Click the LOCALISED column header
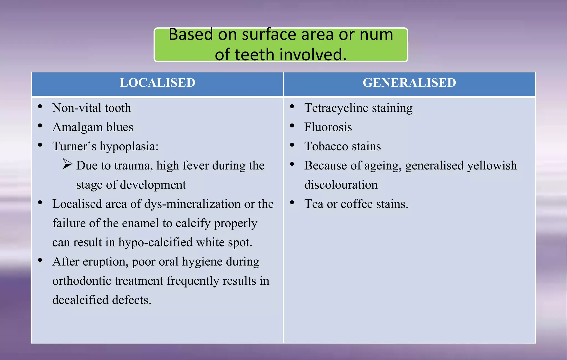click(x=157, y=83)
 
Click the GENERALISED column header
click(x=409, y=83)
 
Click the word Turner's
click(x=74, y=146)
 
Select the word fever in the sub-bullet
click(x=195, y=166)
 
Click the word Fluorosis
click(x=328, y=127)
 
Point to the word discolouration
click(x=341, y=185)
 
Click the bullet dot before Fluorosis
click(x=292, y=126)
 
